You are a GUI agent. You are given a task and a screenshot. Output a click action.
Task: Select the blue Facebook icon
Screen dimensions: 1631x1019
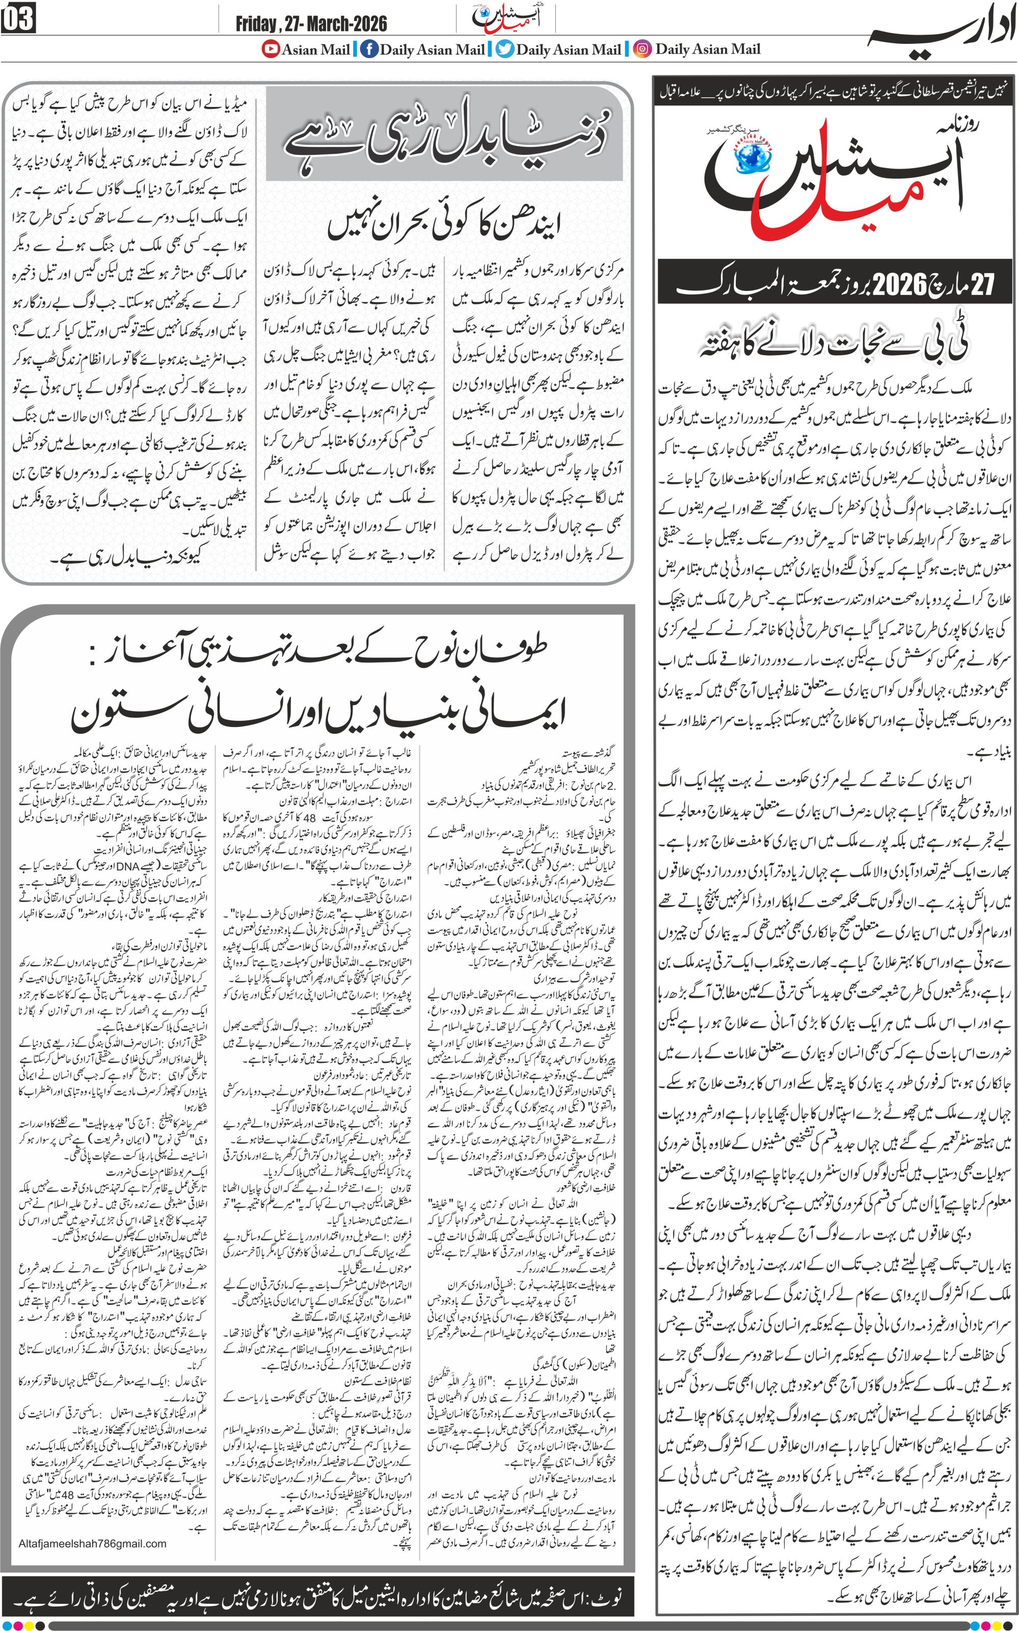click(369, 49)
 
